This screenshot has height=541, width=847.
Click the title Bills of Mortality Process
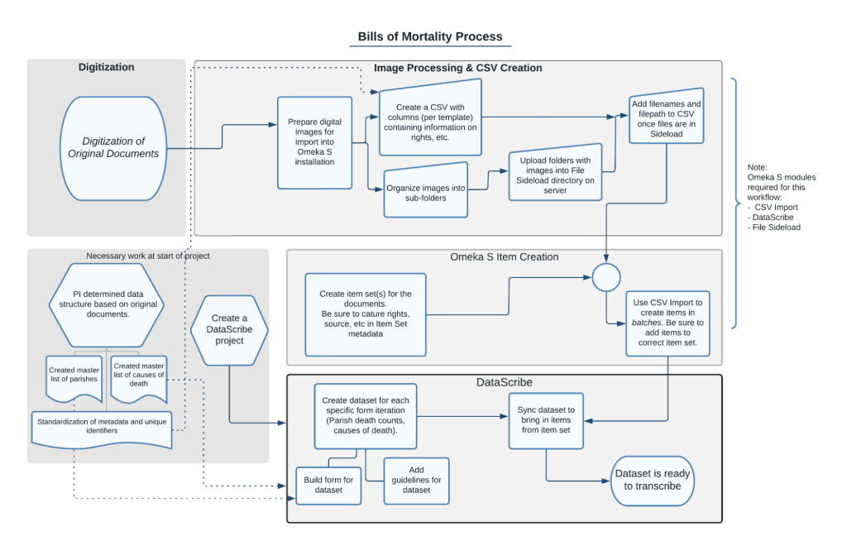pyautogui.click(x=429, y=36)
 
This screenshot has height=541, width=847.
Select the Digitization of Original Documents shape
pyautogui.click(x=112, y=148)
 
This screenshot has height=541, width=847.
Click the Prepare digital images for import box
pyautogui.click(x=314, y=142)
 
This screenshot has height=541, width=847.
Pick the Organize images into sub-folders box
pyautogui.click(x=425, y=193)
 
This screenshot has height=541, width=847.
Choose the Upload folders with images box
pyautogui.click(x=555, y=172)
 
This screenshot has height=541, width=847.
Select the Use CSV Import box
pyautogui.click(x=667, y=321)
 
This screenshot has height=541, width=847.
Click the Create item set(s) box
pyautogui.click(x=365, y=314)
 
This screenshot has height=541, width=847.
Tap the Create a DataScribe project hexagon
pyautogui.click(x=228, y=329)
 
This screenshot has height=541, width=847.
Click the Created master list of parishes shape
pyautogui.click(x=74, y=377)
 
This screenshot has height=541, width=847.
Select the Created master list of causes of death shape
pyautogui.click(x=139, y=376)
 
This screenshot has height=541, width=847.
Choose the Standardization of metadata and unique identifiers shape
pyautogui.click(x=102, y=426)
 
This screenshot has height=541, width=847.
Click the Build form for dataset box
pyautogui.click(x=329, y=486)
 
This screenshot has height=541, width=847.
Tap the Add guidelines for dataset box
pyautogui.click(x=416, y=480)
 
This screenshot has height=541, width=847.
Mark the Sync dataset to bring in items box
pyautogui.click(x=545, y=420)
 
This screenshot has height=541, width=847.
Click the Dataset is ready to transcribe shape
pyautogui.click(x=653, y=480)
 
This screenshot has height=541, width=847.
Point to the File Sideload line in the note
pyautogui.click(x=776, y=227)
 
